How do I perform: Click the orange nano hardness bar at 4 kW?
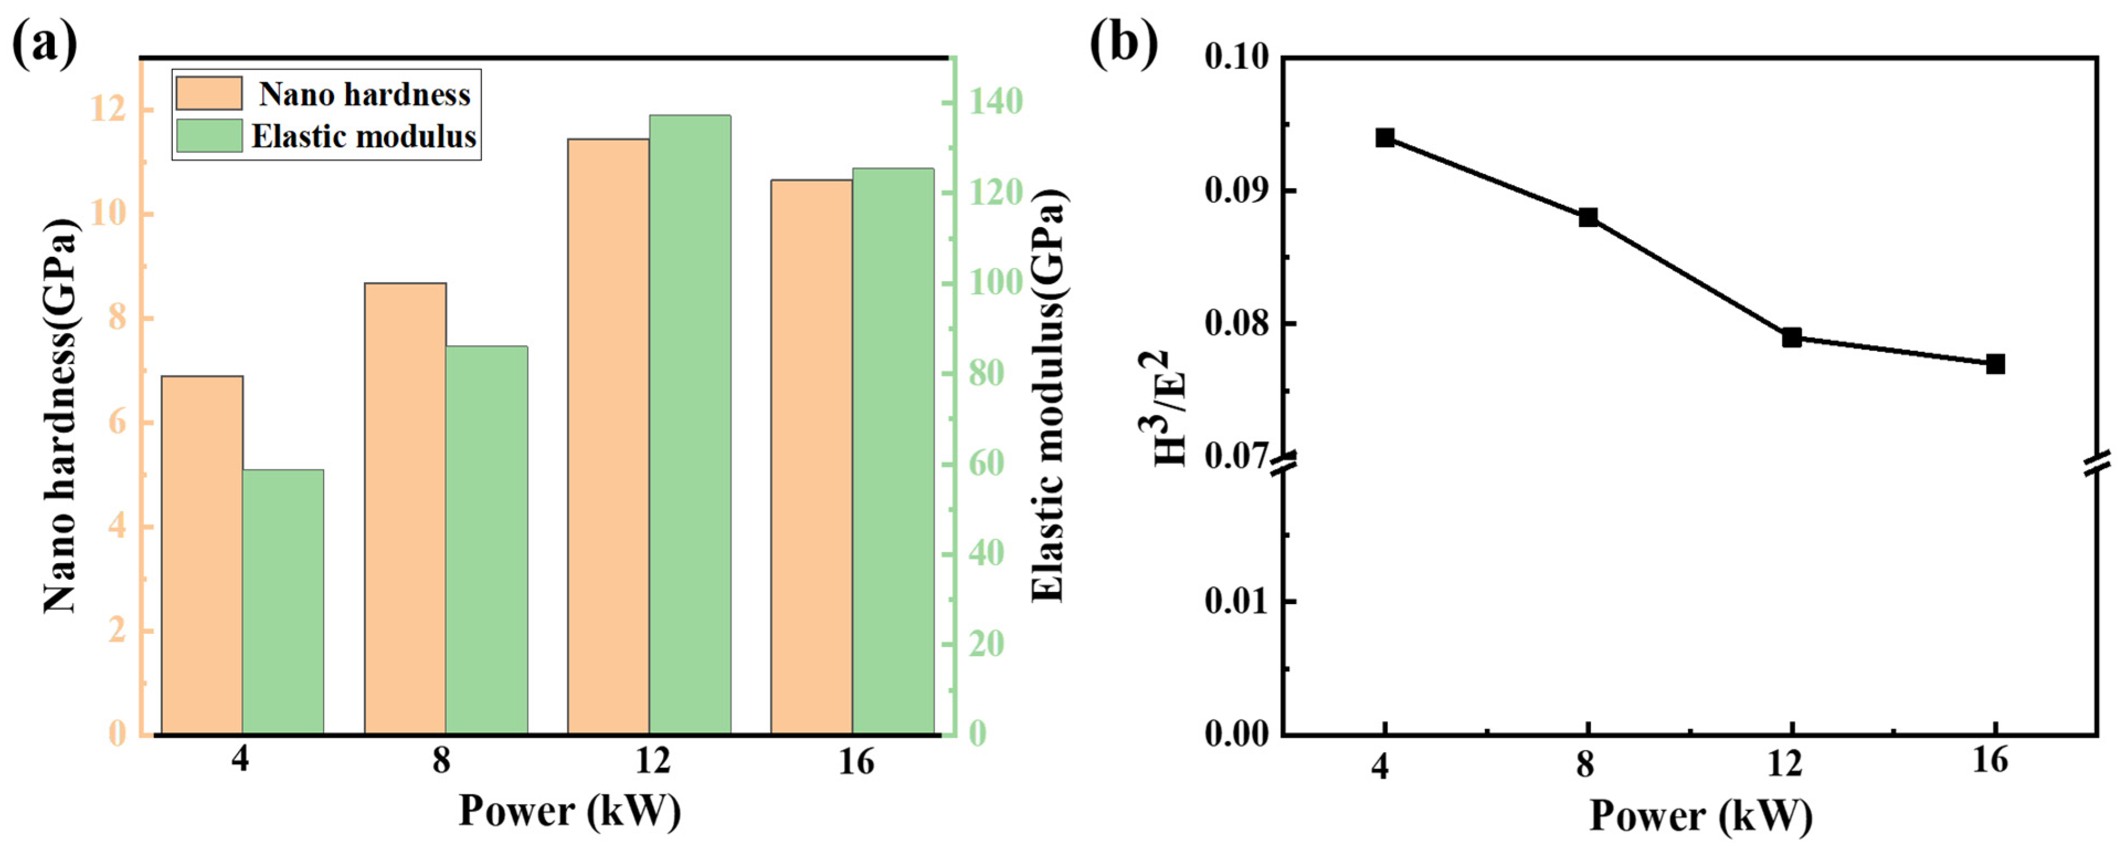[x=202, y=554]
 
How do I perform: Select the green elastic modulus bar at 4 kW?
[x=283, y=601]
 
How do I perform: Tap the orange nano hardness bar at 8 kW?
[x=405, y=508]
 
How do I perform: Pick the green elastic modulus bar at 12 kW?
[x=690, y=424]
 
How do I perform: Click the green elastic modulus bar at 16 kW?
[x=893, y=451]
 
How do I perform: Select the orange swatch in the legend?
[x=209, y=93]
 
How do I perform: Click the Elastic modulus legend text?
[x=364, y=136]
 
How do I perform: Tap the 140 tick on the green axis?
[x=995, y=102]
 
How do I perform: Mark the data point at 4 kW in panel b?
[x=1385, y=137]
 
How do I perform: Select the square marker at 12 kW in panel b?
[x=1792, y=337]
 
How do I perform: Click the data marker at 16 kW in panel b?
[x=1995, y=364]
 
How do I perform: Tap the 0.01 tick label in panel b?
[x=1237, y=601]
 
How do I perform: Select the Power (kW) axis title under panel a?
[x=569, y=811]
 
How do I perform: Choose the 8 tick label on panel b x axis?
[x=1586, y=765]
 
